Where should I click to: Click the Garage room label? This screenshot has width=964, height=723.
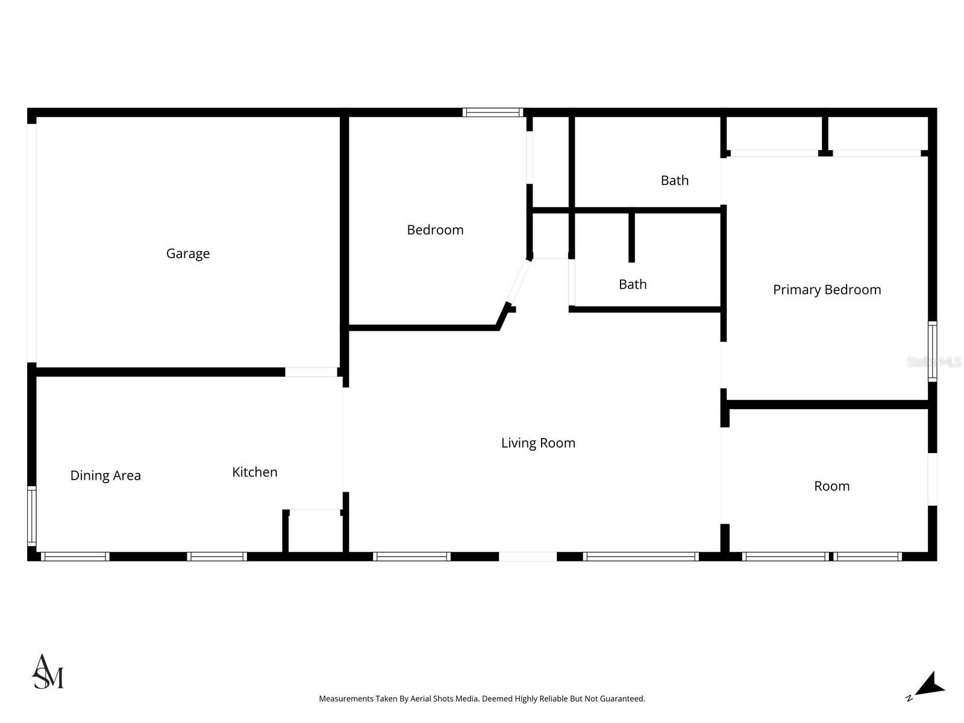(x=187, y=254)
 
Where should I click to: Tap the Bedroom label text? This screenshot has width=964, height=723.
(x=435, y=230)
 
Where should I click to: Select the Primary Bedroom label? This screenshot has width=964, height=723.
(x=827, y=290)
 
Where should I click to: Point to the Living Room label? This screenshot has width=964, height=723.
(x=538, y=443)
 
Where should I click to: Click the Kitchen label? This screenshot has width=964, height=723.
(x=254, y=472)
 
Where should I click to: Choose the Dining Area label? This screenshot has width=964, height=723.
(x=105, y=475)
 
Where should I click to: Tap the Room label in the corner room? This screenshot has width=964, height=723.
(x=831, y=486)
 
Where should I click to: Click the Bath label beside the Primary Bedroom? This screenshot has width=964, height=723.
(x=674, y=180)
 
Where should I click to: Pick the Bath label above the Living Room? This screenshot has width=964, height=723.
(x=633, y=284)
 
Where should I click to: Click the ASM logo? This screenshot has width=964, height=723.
(x=48, y=672)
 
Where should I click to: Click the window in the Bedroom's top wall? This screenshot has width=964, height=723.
(x=492, y=113)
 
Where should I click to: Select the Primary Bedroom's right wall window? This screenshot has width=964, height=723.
(x=932, y=351)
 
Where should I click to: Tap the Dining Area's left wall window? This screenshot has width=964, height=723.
(x=31, y=516)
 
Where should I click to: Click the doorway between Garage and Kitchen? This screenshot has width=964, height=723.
(x=311, y=372)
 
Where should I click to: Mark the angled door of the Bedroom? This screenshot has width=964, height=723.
(x=519, y=281)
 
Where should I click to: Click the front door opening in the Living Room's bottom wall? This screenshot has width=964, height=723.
(x=527, y=557)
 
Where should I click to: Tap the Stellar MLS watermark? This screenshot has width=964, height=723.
(x=933, y=362)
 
